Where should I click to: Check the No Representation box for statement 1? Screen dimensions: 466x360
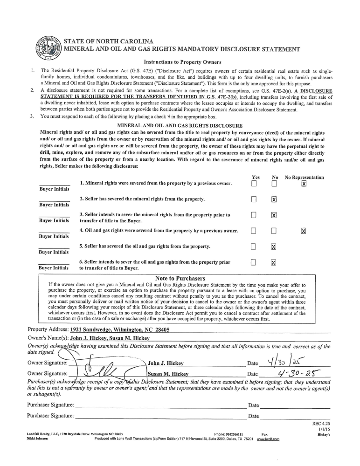point(304,184)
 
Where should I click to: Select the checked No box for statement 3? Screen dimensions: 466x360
point(274,215)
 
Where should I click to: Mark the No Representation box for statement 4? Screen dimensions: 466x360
point(304,231)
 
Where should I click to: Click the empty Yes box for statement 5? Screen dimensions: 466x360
point(254,247)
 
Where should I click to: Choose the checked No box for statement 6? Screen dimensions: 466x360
point(274,262)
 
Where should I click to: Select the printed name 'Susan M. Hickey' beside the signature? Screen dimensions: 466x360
point(168,374)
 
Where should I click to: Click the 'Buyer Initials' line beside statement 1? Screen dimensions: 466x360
point(55,185)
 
